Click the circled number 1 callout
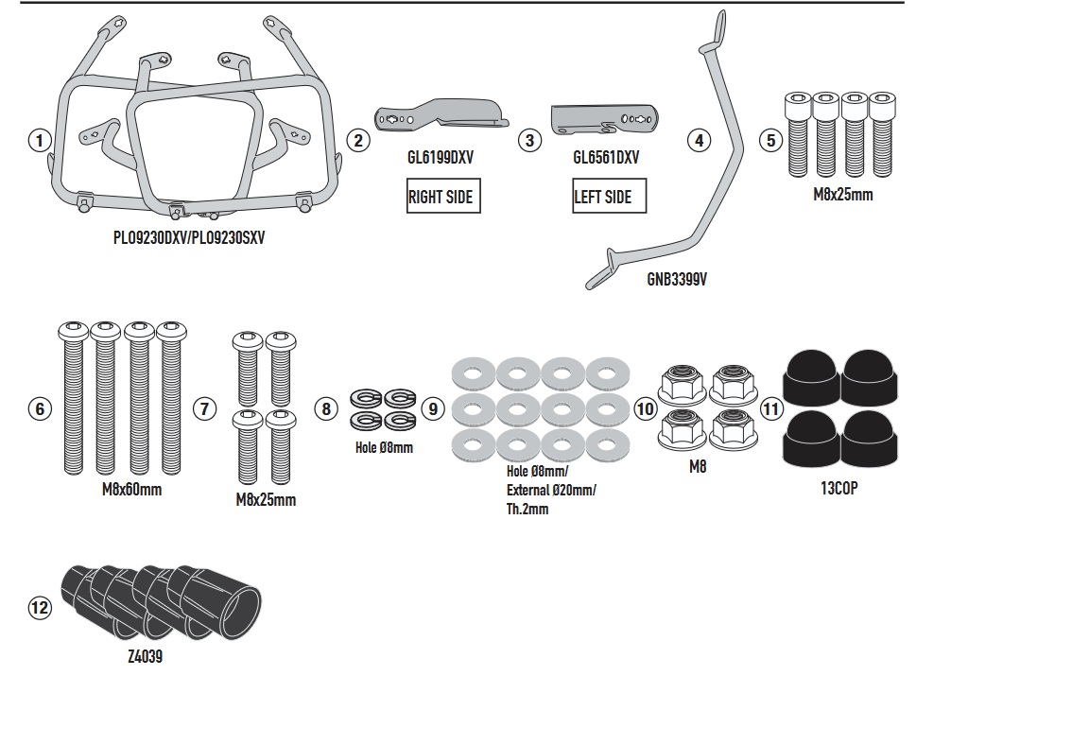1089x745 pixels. pyautogui.click(x=40, y=140)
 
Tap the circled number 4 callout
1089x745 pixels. pyautogui.click(x=699, y=140)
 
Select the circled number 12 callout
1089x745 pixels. pyautogui.click(x=40, y=608)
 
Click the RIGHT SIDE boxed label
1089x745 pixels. pyautogui.click(x=443, y=196)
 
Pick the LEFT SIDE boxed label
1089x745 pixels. pyautogui.click(x=609, y=196)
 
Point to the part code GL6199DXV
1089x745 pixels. pyautogui.click(x=441, y=158)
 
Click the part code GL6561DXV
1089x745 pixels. pyautogui.click(x=606, y=158)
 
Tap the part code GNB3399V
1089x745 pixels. pyautogui.click(x=677, y=279)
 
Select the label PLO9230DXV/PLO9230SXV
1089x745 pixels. pyautogui.click(x=189, y=237)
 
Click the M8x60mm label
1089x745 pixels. pyautogui.click(x=132, y=490)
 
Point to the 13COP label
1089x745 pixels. pyautogui.click(x=839, y=488)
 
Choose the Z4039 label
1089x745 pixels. pyautogui.click(x=146, y=656)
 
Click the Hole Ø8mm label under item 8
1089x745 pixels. pyautogui.click(x=384, y=448)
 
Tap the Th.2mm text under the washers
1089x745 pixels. pyautogui.click(x=527, y=509)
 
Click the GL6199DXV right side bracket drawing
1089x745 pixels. pyautogui.click(x=441, y=115)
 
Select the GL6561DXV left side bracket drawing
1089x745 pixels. pyautogui.click(x=604, y=119)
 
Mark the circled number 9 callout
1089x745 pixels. pyautogui.click(x=433, y=408)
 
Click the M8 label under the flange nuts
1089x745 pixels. pyautogui.click(x=698, y=467)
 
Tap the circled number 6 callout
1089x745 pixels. pyautogui.click(x=40, y=408)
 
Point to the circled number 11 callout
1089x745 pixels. pyautogui.click(x=771, y=408)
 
